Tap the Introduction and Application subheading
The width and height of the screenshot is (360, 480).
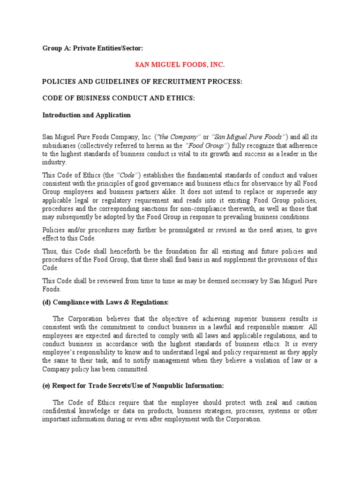(86, 115)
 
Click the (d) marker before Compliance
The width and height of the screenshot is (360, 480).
(47, 302)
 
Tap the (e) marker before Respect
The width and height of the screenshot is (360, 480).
(47, 385)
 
